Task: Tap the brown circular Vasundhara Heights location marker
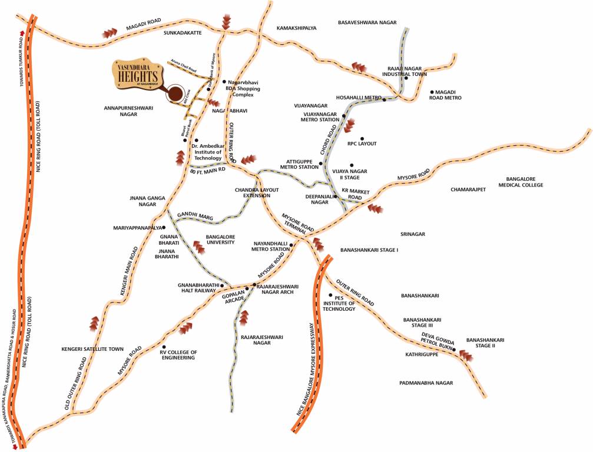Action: [175, 94]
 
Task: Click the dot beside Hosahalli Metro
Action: [384, 99]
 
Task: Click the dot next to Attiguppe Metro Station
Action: [321, 164]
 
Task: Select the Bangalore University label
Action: [220, 239]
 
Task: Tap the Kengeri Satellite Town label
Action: [92, 349]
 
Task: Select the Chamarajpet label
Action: [469, 190]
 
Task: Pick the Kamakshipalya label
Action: [297, 28]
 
